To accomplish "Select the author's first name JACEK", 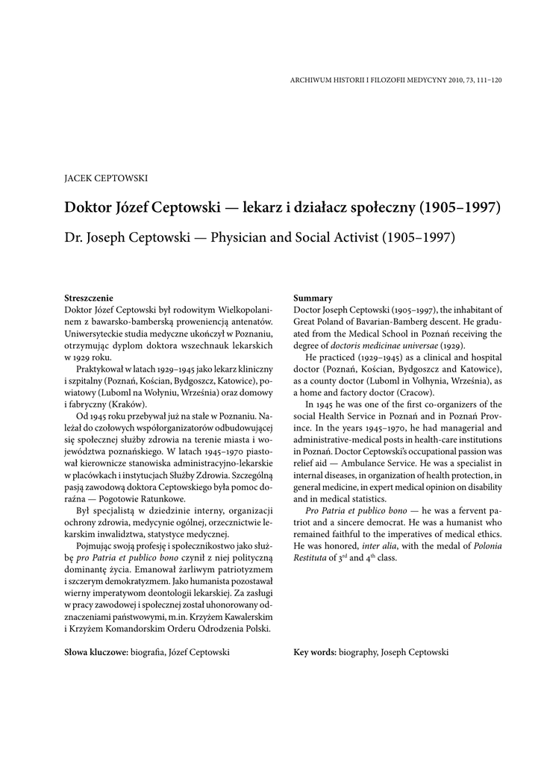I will click(x=78, y=179).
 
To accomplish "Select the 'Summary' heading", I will click(x=313, y=298).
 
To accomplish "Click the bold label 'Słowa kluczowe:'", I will click(x=96, y=651).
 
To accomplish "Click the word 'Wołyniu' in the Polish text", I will click(x=165, y=381).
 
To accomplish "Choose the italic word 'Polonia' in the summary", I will click(x=485, y=546).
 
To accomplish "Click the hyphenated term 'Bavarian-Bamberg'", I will click(x=391, y=322).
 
